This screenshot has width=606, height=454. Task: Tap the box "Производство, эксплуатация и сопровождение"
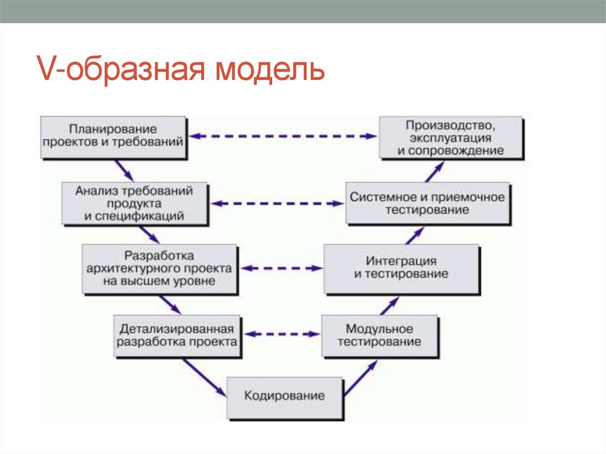(450, 137)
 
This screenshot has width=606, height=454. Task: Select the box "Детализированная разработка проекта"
(177, 335)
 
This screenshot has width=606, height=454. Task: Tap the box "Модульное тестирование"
(379, 335)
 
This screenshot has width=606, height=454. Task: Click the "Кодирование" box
(285, 396)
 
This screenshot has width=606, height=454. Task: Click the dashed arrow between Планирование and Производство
(284, 136)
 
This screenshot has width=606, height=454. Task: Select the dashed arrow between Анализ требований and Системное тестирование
(278, 204)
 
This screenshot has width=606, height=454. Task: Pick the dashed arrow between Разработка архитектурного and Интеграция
(281, 268)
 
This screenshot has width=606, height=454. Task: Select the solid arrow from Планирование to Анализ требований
(124, 170)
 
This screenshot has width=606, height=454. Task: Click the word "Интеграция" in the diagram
(401, 261)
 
